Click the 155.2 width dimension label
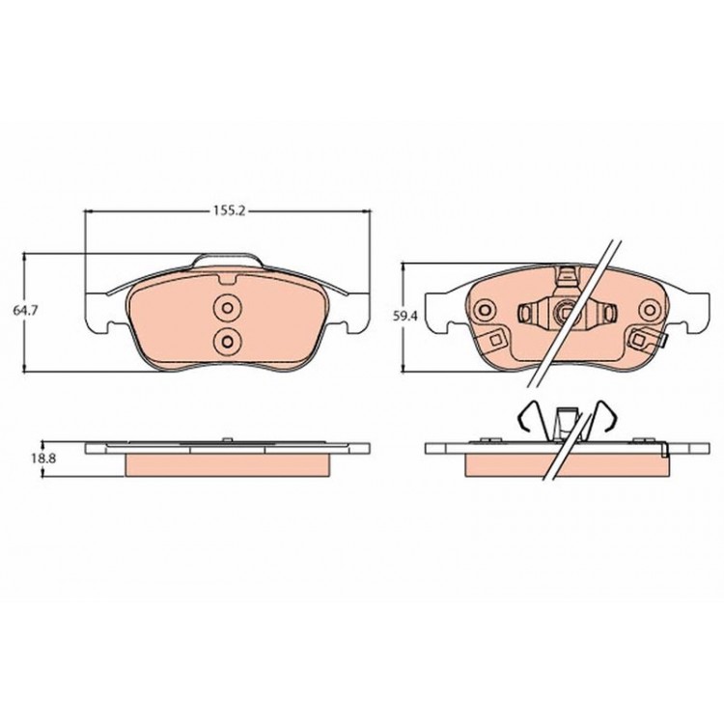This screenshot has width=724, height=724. point(228,211)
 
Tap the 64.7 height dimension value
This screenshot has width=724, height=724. point(25,311)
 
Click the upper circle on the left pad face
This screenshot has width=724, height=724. point(227,308)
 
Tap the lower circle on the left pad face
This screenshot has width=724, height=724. point(227,342)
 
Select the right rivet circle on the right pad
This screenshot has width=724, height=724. point(650,309)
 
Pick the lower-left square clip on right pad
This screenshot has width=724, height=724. point(495,341)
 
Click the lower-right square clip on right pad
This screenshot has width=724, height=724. point(639,341)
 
